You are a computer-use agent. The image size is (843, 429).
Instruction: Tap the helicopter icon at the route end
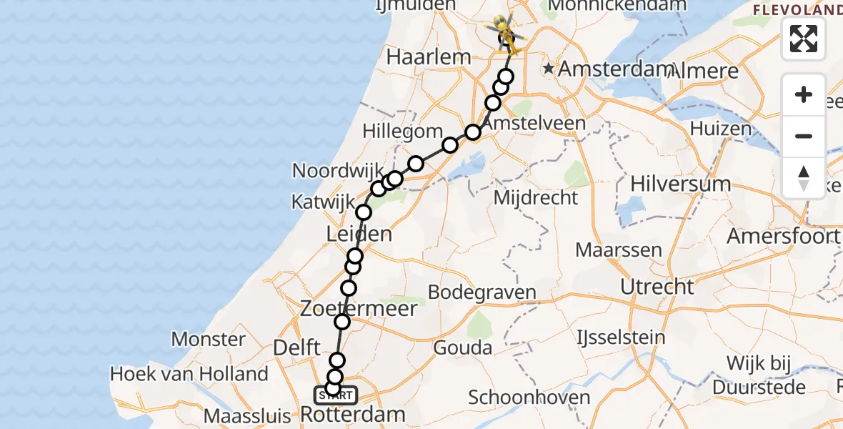pos(505,31)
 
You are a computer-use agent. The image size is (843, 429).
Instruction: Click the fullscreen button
pos(804,39)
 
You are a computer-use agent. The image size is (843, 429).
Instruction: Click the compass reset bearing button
pos(804,177)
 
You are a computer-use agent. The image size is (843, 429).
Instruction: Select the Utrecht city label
pos(657,287)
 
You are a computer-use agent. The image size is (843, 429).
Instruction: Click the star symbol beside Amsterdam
pos(548,69)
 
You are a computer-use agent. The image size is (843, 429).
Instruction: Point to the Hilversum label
pos(680,184)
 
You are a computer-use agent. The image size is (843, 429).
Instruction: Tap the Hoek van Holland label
pos(189,373)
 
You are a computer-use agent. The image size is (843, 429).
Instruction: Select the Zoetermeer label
pos(359,309)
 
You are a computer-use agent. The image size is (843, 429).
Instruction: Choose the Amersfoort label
pos(782,236)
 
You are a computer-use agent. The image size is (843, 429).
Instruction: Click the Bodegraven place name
pos(482,292)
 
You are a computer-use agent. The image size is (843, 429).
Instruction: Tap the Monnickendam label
pos(617,6)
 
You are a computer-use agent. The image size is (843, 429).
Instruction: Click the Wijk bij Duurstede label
pos(766,375)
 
